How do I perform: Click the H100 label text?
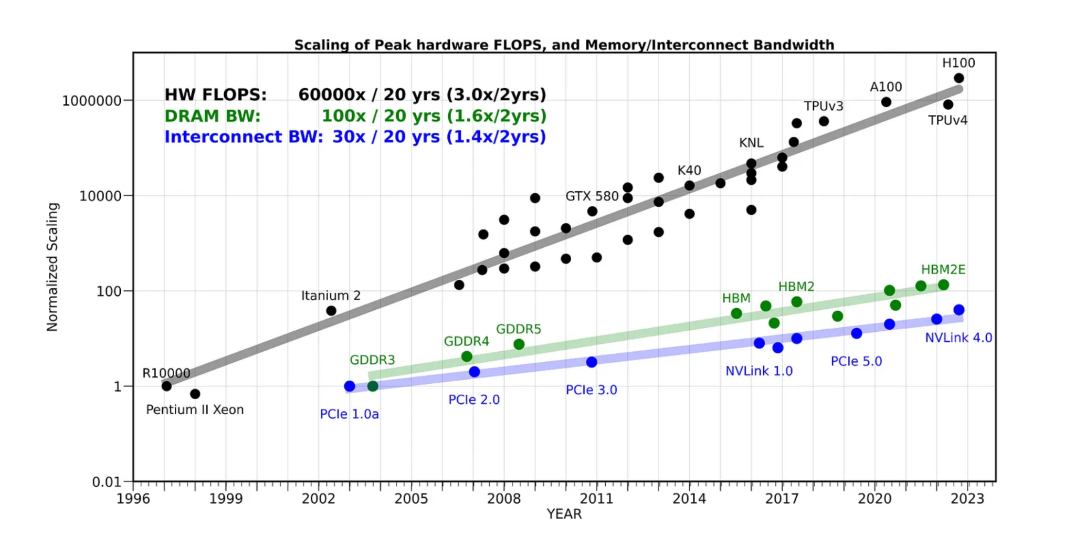(x=958, y=63)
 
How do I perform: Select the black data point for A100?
(x=886, y=102)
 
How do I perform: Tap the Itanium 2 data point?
(x=331, y=311)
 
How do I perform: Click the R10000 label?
(x=166, y=373)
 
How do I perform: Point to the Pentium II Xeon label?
(x=195, y=410)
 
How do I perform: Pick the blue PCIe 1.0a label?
(x=349, y=414)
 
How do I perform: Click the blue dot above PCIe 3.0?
(x=592, y=362)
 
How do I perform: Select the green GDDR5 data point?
(x=519, y=344)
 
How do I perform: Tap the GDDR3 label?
(x=372, y=360)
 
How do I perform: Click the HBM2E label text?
(x=943, y=270)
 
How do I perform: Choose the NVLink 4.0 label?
(x=958, y=338)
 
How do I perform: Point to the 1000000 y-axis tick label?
(x=92, y=101)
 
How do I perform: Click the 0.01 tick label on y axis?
(x=106, y=482)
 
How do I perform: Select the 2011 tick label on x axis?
(x=596, y=499)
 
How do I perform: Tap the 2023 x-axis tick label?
(x=967, y=499)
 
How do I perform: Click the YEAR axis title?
(x=564, y=515)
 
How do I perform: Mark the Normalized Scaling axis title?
(x=52, y=267)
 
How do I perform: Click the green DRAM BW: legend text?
(x=213, y=116)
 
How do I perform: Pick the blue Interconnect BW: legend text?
(x=244, y=137)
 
